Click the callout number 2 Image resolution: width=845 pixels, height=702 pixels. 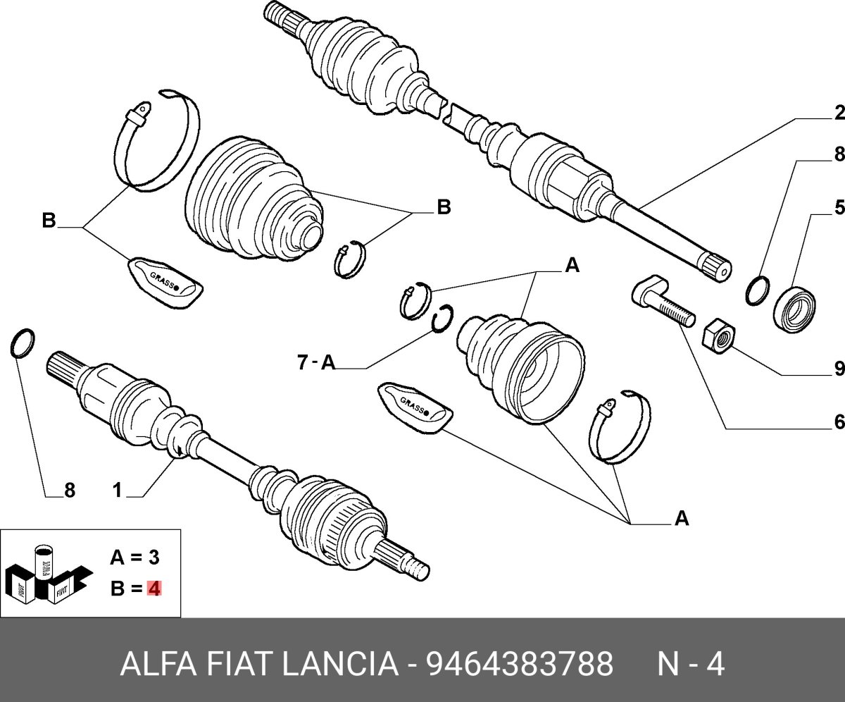tap(839, 113)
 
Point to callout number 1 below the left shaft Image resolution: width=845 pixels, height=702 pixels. tap(117, 490)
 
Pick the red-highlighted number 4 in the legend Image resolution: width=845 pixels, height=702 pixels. tap(154, 588)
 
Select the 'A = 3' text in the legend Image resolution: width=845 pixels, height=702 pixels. tap(134, 558)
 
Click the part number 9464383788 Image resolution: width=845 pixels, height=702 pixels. tap(520, 663)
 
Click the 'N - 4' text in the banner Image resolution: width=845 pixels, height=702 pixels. tap(690, 663)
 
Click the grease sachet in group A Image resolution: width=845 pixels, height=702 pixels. tap(414, 408)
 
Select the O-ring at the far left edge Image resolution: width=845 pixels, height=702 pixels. tap(23, 343)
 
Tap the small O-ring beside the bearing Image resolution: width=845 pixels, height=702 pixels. tap(757, 290)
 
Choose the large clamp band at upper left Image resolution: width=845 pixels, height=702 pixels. tap(156, 141)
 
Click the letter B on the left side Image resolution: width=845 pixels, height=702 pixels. tap(48, 221)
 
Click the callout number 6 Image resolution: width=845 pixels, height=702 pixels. tap(839, 422)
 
